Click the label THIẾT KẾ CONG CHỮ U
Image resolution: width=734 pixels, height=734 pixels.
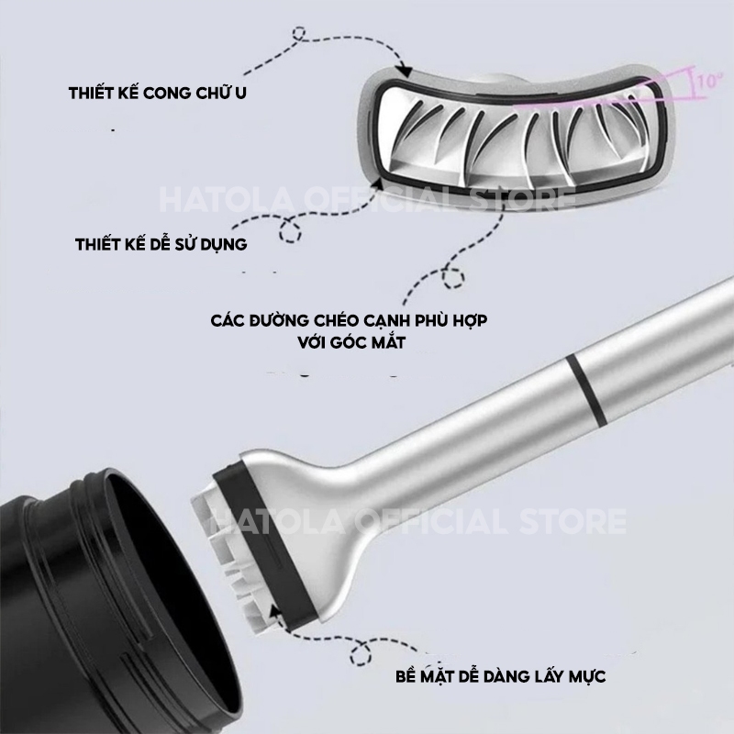[157, 93]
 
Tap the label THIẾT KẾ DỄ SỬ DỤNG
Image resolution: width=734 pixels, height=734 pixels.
[161, 244]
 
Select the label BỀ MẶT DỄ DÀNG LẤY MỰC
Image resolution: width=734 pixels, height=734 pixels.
[500, 676]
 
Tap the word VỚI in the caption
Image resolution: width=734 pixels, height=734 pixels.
[313, 342]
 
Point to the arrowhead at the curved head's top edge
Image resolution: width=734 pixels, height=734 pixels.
[405, 71]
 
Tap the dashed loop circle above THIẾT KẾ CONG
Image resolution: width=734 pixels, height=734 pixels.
[298, 34]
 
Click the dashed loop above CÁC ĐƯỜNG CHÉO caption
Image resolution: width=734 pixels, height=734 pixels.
[453, 278]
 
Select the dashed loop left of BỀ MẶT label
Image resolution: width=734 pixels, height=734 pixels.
[361, 651]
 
